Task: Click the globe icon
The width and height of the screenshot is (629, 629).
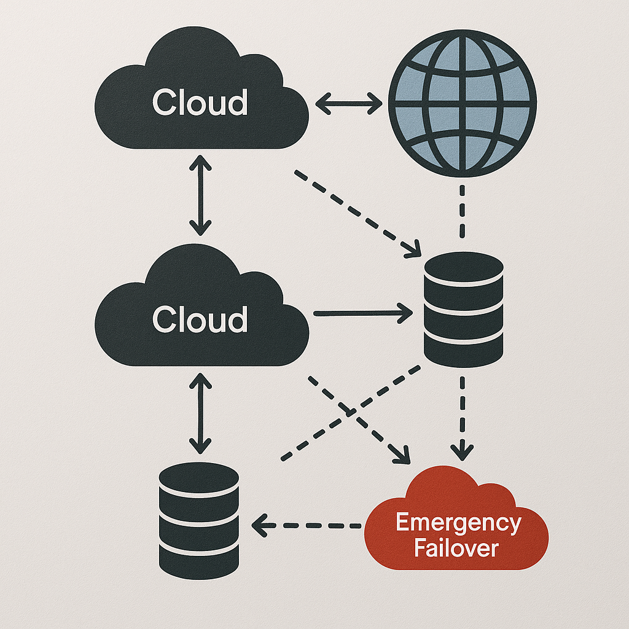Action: [463, 103]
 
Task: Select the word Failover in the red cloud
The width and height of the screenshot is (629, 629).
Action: [456, 548]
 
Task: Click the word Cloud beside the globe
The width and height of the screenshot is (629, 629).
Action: [200, 103]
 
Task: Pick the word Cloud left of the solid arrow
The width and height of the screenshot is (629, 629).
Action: [200, 320]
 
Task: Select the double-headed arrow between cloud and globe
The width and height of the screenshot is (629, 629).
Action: [348, 103]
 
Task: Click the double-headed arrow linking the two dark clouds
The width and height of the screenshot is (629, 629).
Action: [200, 195]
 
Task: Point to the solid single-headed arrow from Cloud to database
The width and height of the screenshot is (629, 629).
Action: [362, 313]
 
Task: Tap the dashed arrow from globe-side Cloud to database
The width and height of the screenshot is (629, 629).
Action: [356, 212]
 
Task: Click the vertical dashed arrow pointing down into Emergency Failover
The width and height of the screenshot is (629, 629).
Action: [462, 418]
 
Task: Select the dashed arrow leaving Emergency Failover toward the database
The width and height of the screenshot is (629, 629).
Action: [307, 525]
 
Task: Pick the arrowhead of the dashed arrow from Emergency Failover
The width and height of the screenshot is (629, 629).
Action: [259, 525]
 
